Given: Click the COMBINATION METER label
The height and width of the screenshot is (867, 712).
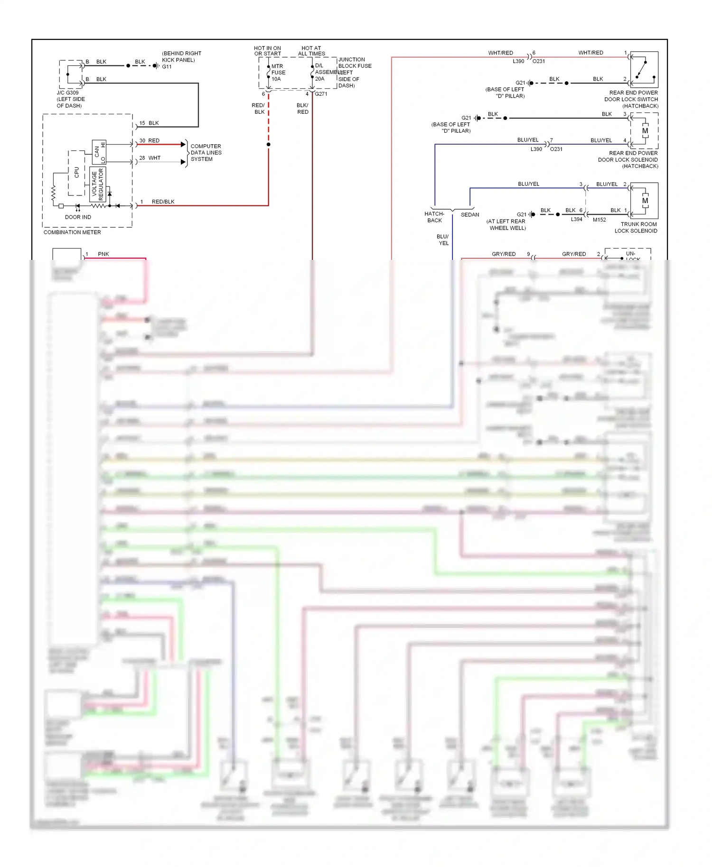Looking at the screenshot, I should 72,232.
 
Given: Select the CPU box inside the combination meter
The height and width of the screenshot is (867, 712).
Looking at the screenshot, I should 76,173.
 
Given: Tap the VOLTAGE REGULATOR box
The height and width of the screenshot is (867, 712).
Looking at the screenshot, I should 97,184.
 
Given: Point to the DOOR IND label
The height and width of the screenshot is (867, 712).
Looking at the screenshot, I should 78,217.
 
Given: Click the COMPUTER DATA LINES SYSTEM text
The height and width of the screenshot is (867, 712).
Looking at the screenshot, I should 206,153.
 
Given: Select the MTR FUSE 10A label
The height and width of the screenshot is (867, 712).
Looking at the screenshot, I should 278,73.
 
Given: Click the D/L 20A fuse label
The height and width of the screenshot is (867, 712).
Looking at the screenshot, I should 320,72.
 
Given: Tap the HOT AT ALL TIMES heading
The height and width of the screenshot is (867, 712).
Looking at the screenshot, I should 311,51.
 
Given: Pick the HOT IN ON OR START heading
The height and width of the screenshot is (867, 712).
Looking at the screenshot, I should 267,51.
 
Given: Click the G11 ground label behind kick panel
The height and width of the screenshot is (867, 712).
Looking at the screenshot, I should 167,66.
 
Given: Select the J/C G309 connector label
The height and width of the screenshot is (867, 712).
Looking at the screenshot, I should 68,93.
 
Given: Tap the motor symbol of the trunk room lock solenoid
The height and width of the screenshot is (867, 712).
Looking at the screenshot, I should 645,201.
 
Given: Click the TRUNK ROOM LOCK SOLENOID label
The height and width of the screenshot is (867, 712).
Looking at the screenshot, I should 636,227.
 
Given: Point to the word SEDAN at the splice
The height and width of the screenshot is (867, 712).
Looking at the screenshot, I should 470,214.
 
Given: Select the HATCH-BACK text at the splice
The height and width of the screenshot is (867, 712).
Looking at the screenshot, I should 434,217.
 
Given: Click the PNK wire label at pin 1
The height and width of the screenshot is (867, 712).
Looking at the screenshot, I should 103,254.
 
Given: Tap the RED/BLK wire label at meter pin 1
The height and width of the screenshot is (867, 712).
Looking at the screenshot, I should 163,202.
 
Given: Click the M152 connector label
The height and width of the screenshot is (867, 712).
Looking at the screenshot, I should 599,220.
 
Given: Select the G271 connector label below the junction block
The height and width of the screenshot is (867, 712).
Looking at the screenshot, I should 321,94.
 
